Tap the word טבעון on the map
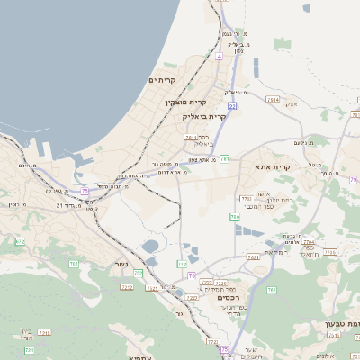(346, 322)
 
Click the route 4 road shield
(218, 56)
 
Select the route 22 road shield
(231, 106)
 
